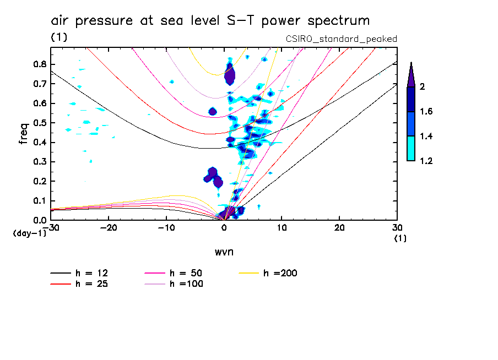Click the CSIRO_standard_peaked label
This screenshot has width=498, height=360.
(x=341, y=39)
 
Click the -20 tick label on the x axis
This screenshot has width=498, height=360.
(x=109, y=227)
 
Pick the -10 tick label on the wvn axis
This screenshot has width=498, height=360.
(x=166, y=227)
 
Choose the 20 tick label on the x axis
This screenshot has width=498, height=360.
(x=339, y=227)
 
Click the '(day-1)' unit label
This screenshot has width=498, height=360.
(x=30, y=233)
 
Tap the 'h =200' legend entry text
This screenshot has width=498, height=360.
(x=280, y=273)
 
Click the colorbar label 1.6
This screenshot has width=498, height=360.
(x=426, y=111)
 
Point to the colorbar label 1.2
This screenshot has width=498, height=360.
(x=426, y=161)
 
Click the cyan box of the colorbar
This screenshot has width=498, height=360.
(x=411, y=149)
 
